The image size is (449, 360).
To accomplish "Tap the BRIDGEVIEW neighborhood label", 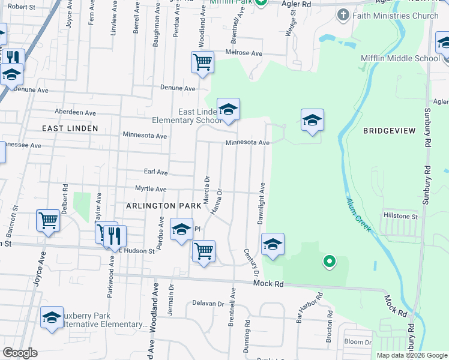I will (389, 130).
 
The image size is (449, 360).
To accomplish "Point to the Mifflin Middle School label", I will (400, 58).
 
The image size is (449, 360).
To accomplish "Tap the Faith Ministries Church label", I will (397, 16).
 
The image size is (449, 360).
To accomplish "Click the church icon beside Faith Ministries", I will (343, 15).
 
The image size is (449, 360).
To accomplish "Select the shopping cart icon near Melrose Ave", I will (203, 62).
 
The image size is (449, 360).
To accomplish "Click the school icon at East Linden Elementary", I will (228, 110).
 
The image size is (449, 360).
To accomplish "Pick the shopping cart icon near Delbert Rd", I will (48, 220).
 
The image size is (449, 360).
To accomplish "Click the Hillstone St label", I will (400, 215).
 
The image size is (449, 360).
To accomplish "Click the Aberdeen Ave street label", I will (75, 112).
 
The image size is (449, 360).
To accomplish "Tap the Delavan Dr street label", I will (208, 303).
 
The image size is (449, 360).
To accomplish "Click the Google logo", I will (20, 353).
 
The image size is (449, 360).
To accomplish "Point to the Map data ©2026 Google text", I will (411, 355).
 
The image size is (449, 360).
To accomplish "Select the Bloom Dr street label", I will (358, 342).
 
